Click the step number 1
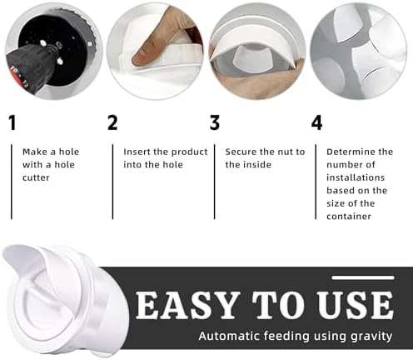tap(12, 122)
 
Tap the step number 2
tap(112, 122)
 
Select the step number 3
tap(215, 122)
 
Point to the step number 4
tap(316, 122)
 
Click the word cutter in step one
tap(36, 177)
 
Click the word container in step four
tap(349, 217)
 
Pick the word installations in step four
tap(356, 177)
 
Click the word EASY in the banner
tap(187, 305)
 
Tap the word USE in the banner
tap(356, 305)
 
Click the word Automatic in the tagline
tap(230, 336)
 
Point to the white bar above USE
tap(363, 277)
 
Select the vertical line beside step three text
tap(215, 182)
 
